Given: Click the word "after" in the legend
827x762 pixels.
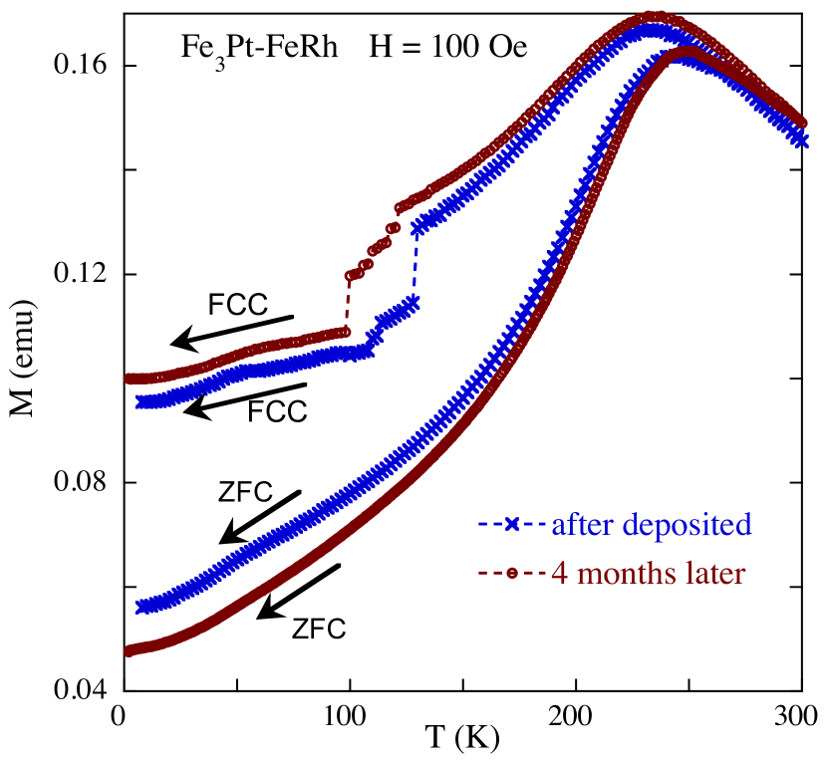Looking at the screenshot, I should click(583, 524).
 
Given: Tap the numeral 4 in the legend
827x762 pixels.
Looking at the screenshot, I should click(559, 574).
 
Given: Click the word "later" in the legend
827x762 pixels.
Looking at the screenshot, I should click(709, 574).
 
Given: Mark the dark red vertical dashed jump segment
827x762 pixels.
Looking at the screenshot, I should click(349, 304).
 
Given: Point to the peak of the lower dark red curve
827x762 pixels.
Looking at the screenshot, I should click(688, 50).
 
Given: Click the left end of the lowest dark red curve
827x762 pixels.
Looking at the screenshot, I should click(129, 651).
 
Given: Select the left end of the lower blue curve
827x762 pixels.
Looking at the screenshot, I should click(141, 607).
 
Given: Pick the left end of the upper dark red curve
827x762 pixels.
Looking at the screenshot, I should click(129, 379).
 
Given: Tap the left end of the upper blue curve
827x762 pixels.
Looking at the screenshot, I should click(140, 401).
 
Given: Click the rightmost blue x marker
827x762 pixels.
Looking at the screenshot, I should click(801, 140).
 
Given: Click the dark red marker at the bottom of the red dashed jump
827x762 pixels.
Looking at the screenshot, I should click(347, 332).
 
